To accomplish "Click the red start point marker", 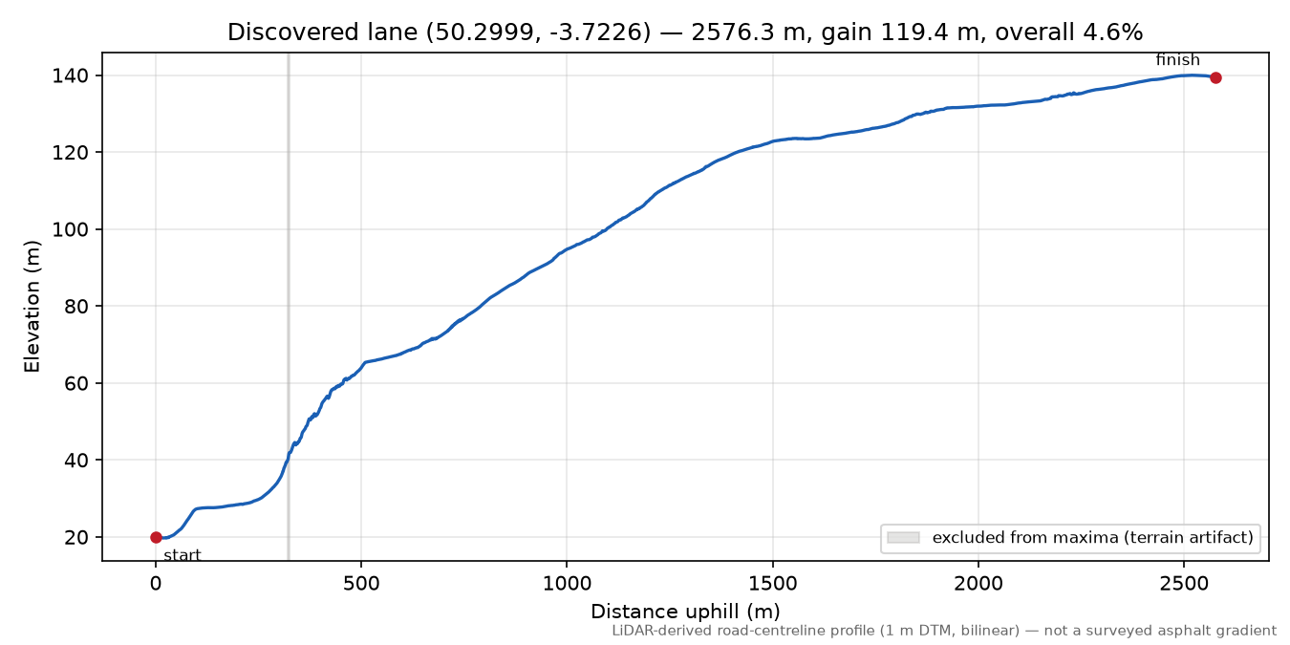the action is pyautogui.click(x=156, y=537).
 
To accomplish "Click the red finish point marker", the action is pyautogui.click(x=1215, y=77).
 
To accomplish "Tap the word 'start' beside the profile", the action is pyautogui.click(x=182, y=555).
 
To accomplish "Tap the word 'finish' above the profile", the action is pyautogui.click(x=1177, y=59).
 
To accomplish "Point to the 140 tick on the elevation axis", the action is pyautogui.click(x=71, y=76).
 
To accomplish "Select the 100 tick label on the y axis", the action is pyautogui.click(x=71, y=229).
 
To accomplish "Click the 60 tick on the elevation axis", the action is pyautogui.click(x=76, y=383).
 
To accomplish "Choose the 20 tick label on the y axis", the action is pyautogui.click(x=76, y=537).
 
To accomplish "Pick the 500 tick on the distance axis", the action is pyautogui.click(x=361, y=584).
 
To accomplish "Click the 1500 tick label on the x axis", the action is pyautogui.click(x=772, y=584).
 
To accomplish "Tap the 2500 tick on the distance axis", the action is pyautogui.click(x=1184, y=584).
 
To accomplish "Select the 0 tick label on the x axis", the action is pyautogui.click(x=156, y=584).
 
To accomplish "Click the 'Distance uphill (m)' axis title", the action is pyautogui.click(x=685, y=611).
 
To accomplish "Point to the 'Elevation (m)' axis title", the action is pyautogui.click(x=32, y=307).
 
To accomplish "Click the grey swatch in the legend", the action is pyautogui.click(x=903, y=538).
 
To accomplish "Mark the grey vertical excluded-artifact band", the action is pyautogui.click(x=289, y=307).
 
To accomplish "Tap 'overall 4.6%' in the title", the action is pyautogui.click(x=1069, y=32).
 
